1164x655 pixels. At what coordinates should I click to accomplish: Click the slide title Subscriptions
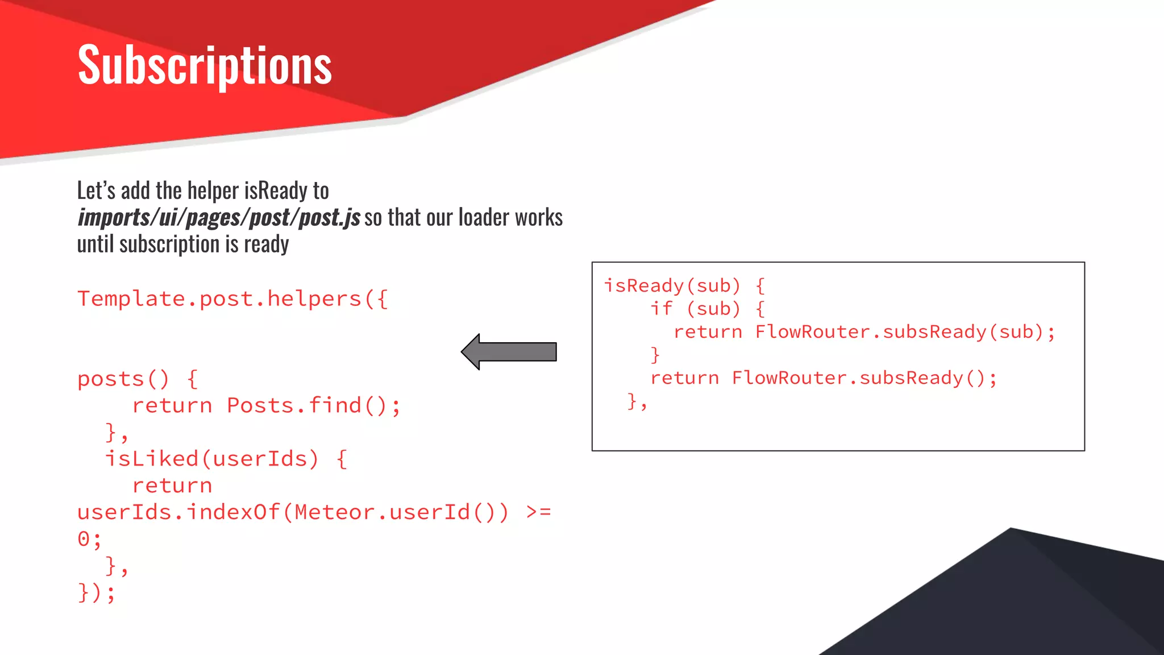coord(205,65)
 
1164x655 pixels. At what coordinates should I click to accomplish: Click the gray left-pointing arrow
coord(508,352)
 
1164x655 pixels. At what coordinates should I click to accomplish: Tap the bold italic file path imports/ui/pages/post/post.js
coord(219,218)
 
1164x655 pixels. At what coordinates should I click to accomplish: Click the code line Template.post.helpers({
coord(232,299)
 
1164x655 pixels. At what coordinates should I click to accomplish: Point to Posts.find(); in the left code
coord(314,406)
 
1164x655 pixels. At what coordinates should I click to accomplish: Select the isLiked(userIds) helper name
coord(211,459)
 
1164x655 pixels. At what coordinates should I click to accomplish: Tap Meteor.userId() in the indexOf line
coord(402,512)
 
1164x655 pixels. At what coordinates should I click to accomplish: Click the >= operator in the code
coord(538,512)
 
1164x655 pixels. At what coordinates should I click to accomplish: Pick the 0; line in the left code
coord(89,539)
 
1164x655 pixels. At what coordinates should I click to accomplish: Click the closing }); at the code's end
coord(96,592)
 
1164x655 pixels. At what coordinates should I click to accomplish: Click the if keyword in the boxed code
coord(662,309)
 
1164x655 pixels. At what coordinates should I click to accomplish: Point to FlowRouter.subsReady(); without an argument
coord(864,378)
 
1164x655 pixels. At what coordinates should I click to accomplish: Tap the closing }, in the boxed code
coord(637,402)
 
